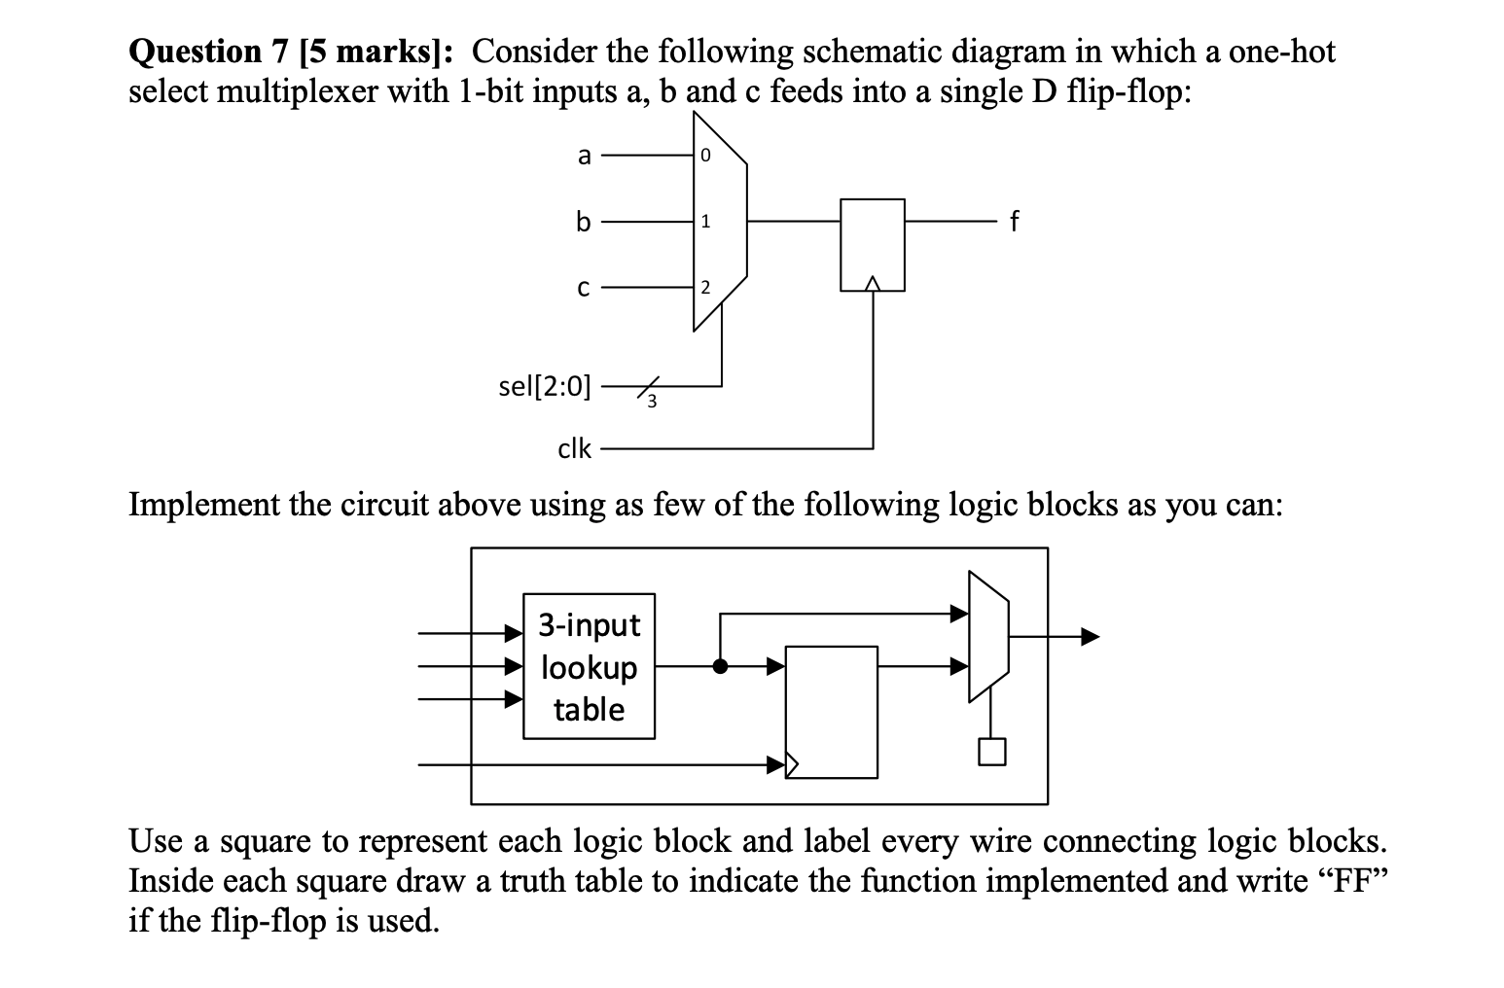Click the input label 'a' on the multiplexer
pyautogui.click(x=584, y=155)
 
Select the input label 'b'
pyautogui.click(x=583, y=222)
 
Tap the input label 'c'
pyautogui.click(x=583, y=288)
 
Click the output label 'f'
pyautogui.click(x=1015, y=222)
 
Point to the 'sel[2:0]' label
pyautogui.click(x=544, y=386)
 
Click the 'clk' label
pyautogui.click(x=574, y=448)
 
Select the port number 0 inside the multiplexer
pyautogui.click(x=705, y=156)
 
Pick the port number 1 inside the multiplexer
pyautogui.click(x=705, y=223)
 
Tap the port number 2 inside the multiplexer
pyautogui.click(x=705, y=288)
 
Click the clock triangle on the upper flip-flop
pyautogui.click(x=873, y=283)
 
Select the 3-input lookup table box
pyautogui.click(x=589, y=667)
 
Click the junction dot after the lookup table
pyautogui.click(x=720, y=667)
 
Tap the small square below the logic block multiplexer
pyautogui.click(x=990, y=752)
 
